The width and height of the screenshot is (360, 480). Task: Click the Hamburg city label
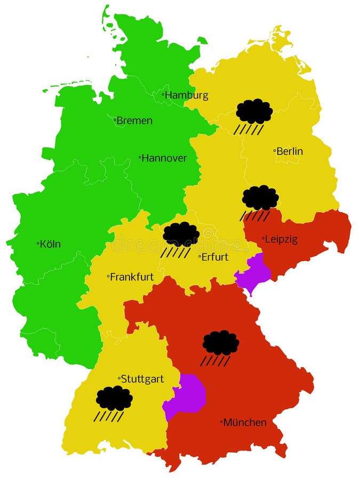187,95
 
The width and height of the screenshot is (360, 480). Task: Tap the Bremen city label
134,121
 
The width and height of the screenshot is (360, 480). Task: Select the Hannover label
164,158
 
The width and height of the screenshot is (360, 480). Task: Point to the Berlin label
290,151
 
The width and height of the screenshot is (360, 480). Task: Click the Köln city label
50,244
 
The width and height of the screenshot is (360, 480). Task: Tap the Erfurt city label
215,257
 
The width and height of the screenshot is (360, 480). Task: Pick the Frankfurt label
132,277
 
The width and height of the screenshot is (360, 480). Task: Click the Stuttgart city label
142,379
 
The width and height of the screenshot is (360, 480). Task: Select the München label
245,422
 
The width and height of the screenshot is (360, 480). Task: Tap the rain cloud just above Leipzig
260,198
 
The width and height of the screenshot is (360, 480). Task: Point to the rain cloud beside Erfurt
181,235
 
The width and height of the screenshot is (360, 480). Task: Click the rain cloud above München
220,343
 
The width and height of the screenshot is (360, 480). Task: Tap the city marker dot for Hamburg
163,95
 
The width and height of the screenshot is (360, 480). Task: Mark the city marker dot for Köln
38,244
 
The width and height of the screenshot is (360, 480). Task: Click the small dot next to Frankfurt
108,276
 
